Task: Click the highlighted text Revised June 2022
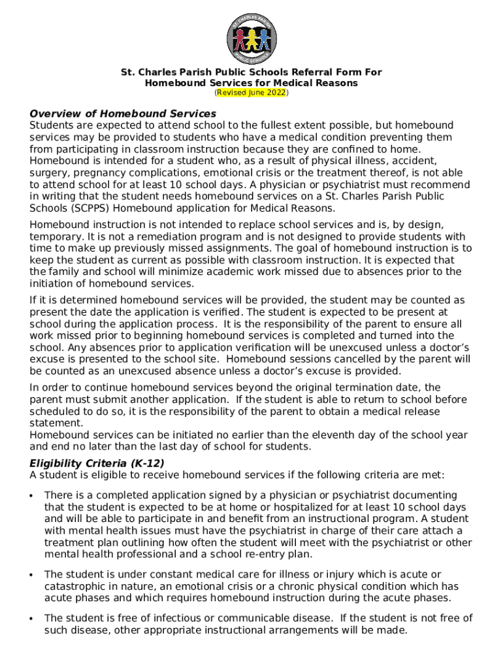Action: [x=252, y=93]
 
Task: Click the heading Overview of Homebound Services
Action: [x=123, y=114]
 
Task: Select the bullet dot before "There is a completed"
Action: [x=31, y=496]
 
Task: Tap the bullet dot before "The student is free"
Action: [x=31, y=619]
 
